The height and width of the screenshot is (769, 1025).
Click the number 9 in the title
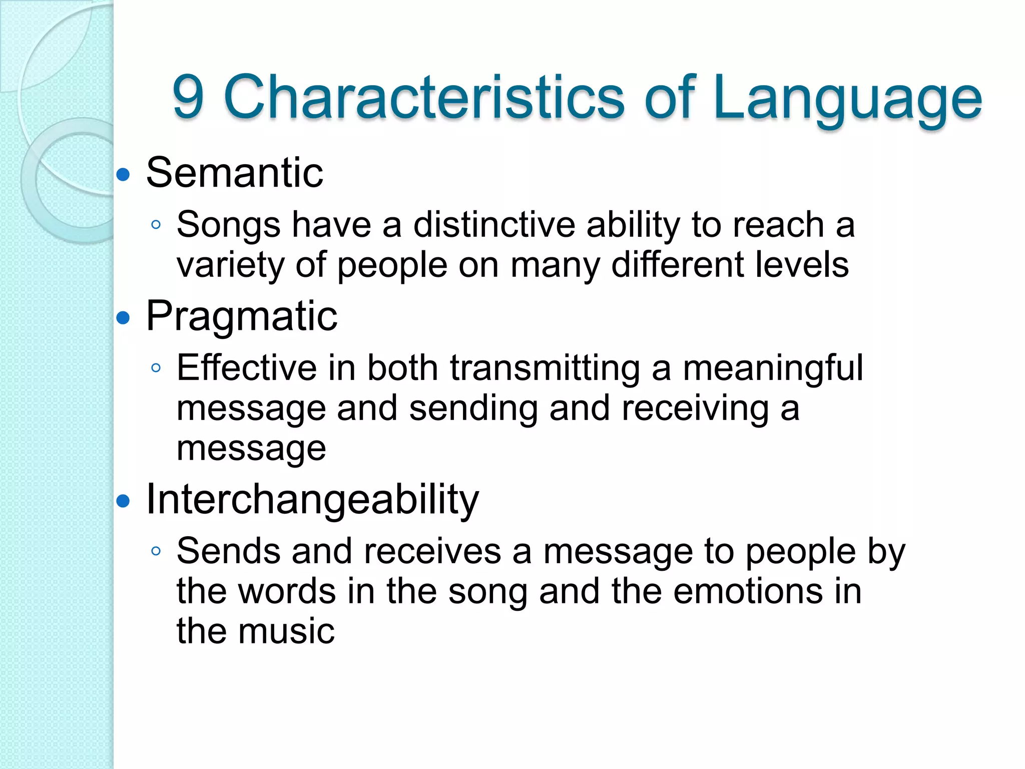[x=188, y=97]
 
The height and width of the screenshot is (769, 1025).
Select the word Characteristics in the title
[x=424, y=97]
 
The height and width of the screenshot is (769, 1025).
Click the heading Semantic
[x=234, y=173]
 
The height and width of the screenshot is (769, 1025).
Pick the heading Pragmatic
[x=242, y=316]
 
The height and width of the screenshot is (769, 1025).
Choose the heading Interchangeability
[x=312, y=500]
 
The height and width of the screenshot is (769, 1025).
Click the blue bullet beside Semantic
[x=123, y=175]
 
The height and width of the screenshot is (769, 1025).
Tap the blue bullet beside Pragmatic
[x=123, y=318]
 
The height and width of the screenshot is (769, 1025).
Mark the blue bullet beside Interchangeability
[x=123, y=501]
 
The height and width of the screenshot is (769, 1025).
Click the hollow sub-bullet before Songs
[x=156, y=225]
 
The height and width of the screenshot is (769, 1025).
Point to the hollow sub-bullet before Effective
[x=156, y=368]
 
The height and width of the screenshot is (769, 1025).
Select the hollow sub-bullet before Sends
[x=156, y=551]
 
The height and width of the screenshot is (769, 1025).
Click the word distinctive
[x=494, y=224]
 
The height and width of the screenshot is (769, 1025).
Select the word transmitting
[x=545, y=368]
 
